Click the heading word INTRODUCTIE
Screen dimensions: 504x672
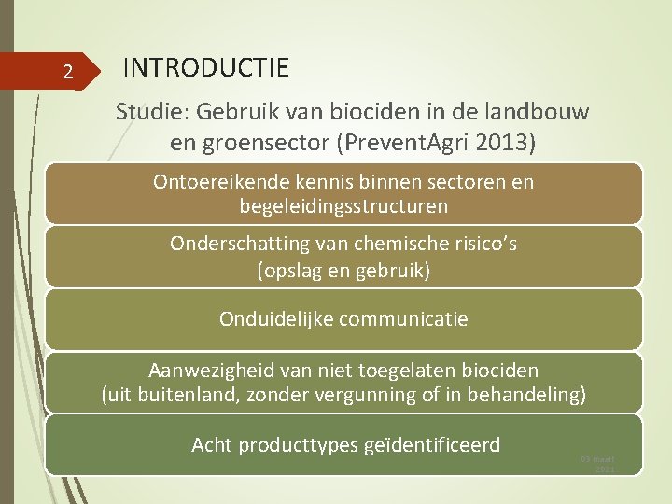point(206,68)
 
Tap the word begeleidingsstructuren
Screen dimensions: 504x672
point(343,205)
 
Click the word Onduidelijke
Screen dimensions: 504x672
point(276,319)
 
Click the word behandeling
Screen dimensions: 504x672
point(525,395)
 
